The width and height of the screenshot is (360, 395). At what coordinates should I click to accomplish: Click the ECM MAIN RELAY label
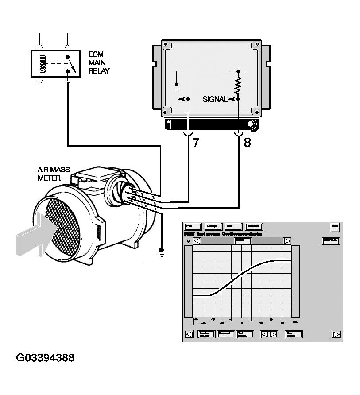[99, 62]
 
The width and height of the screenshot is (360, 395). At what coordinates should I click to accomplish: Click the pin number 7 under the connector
[195, 143]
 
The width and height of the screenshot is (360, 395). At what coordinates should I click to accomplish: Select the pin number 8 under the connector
[247, 143]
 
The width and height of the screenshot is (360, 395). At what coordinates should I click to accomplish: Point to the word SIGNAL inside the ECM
[215, 99]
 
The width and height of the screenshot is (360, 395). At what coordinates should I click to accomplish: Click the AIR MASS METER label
[54, 174]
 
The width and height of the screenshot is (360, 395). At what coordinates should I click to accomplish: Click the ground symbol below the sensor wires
[162, 252]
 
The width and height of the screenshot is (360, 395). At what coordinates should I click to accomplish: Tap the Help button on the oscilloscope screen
[335, 226]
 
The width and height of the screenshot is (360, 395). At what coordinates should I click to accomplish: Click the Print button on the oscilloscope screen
[193, 226]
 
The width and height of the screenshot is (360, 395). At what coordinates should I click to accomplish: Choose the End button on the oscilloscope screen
[233, 226]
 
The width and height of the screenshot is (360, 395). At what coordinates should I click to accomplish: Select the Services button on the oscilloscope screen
[254, 226]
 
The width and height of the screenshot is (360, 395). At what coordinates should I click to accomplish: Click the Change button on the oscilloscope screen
[213, 226]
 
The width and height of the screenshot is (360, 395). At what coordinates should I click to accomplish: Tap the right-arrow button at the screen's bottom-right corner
[337, 334]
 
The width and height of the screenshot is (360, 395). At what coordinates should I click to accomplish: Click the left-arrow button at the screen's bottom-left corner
[189, 334]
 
